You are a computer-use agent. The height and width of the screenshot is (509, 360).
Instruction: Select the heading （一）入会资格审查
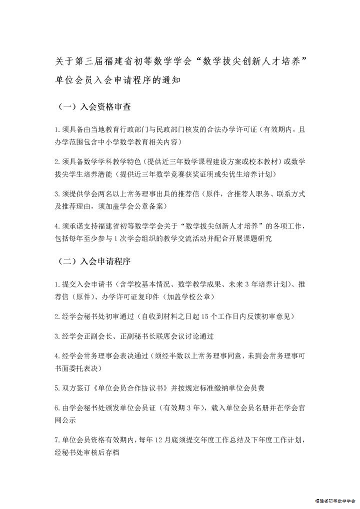pos(95,106)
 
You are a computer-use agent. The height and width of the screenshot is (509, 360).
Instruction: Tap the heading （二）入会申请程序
pos(95,261)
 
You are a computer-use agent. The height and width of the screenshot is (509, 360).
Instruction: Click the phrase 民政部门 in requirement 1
pos(168,130)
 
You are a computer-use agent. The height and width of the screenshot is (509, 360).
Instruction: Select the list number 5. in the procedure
pos(57,387)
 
